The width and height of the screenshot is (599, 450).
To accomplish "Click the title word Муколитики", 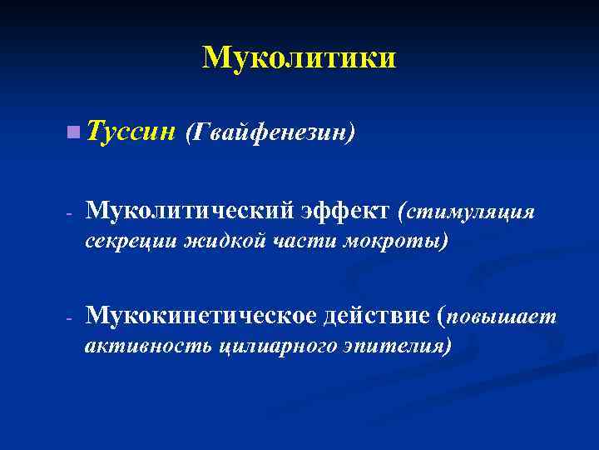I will [x=299, y=57].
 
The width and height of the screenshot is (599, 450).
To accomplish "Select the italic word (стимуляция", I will [x=466, y=212].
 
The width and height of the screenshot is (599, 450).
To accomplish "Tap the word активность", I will [x=148, y=345].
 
